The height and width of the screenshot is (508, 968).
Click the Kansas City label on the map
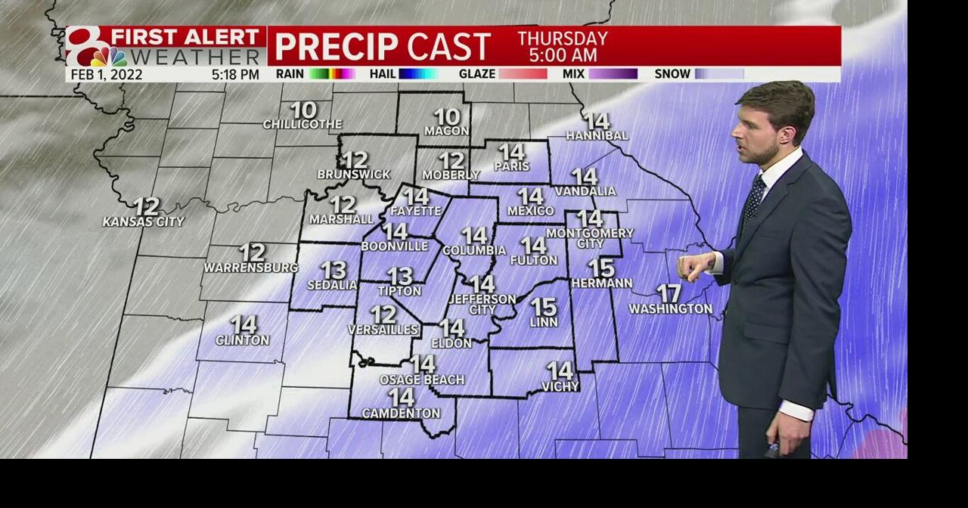click(144, 222)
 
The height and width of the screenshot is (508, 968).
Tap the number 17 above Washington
click(669, 293)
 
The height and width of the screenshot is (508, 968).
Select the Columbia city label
click(474, 250)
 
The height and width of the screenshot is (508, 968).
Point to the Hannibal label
click(597, 136)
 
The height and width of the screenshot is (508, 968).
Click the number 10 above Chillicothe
click(303, 110)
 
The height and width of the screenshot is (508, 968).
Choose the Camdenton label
click(401, 414)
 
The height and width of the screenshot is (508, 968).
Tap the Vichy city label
click(560, 386)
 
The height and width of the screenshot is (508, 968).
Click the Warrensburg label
click(251, 268)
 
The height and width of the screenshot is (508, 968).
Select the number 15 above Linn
click(544, 307)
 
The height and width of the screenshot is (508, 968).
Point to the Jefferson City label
click(482, 305)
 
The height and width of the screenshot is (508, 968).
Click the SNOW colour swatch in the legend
click(719, 74)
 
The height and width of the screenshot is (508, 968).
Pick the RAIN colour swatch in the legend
click(332, 74)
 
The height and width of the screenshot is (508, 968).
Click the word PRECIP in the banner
click(336, 47)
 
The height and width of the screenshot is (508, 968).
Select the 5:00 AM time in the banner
click(563, 55)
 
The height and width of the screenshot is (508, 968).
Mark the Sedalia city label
click(332, 285)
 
